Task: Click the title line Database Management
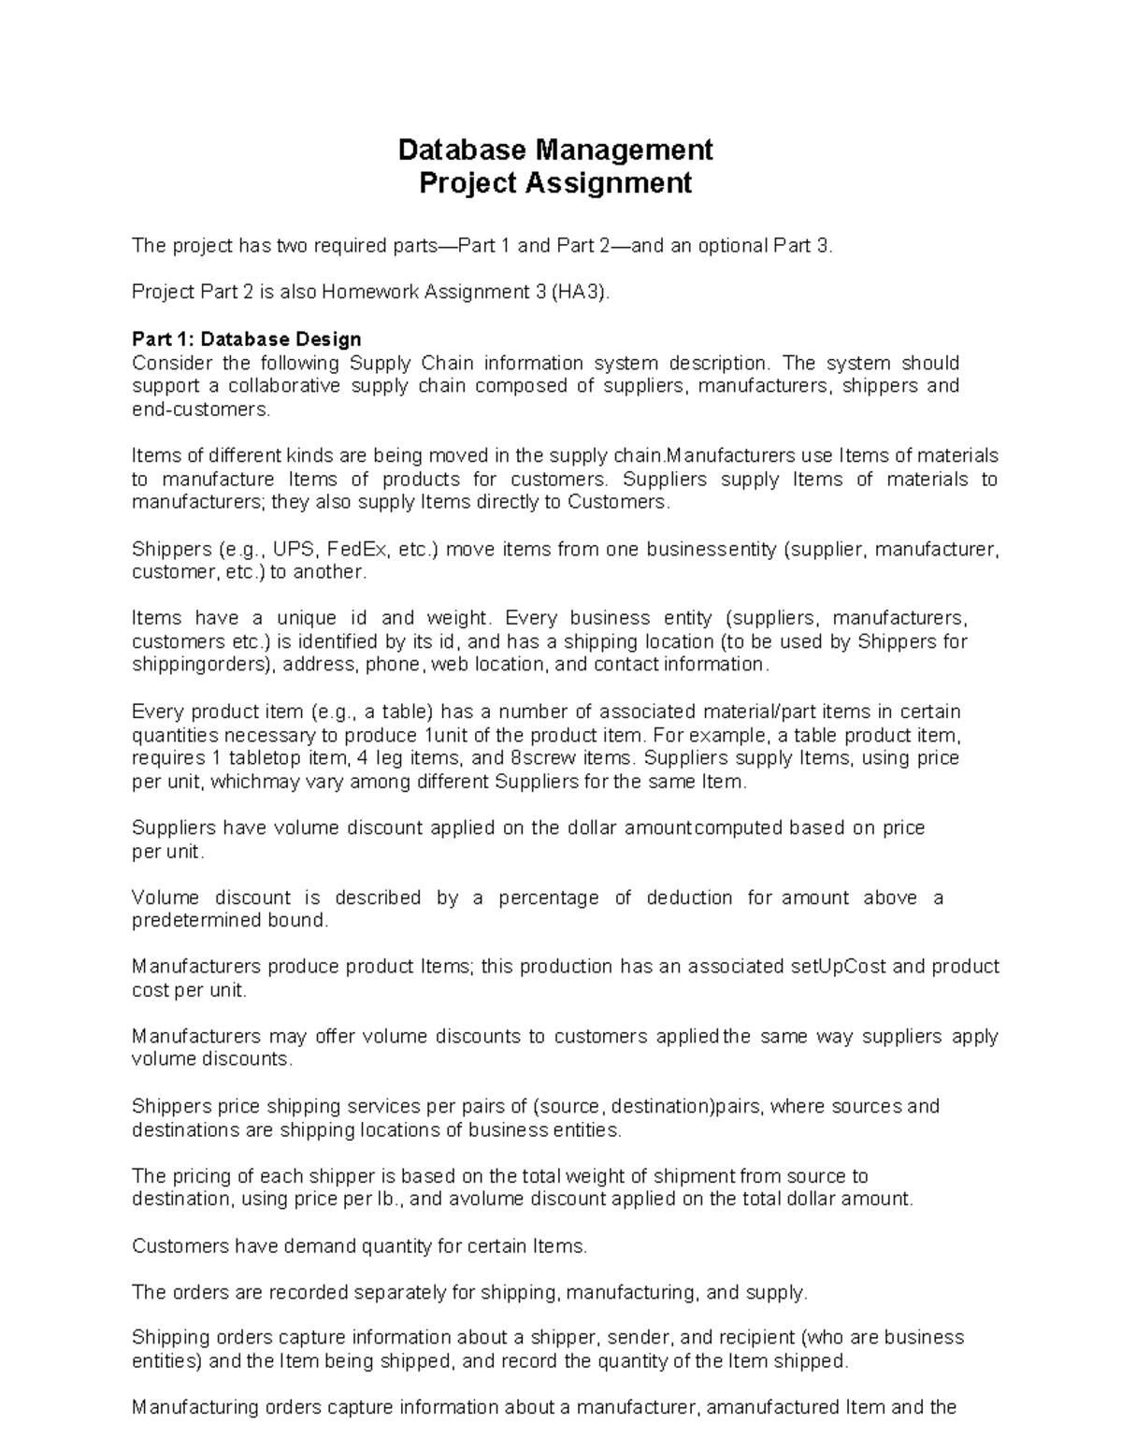coord(555,150)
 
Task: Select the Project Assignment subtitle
coord(555,183)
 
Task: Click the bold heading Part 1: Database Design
coord(247,338)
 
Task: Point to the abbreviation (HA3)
coord(579,293)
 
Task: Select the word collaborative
coord(280,386)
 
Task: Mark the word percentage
coord(549,898)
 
